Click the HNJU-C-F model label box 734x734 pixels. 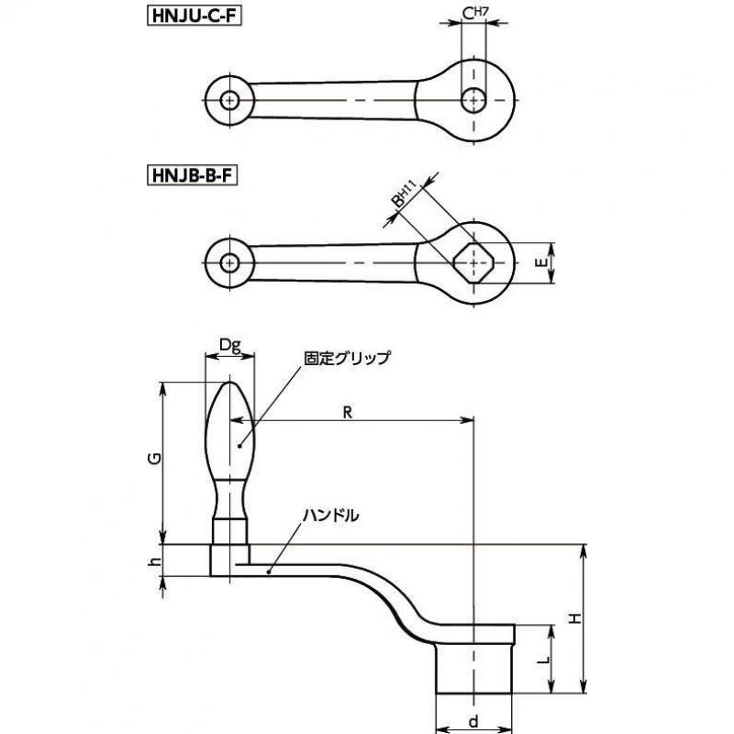(x=195, y=17)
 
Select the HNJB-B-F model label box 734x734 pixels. (x=193, y=176)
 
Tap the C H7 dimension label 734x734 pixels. (x=474, y=13)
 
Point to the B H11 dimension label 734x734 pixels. (x=403, y=195)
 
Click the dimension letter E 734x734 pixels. (x=540, y=263)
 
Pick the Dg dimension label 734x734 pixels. (x=230, y=346)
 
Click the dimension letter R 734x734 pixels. (x=348, y=412)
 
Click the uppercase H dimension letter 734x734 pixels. (x=575, y=618)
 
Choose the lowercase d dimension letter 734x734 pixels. (x=473, y=721)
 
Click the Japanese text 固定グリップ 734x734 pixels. (x=347, y=358)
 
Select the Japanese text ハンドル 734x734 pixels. (x=331, y=516)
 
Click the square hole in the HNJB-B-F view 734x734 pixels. (x=473, y=263)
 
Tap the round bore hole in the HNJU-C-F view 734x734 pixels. (x=473, y=100)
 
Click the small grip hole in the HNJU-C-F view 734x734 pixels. (x=229, y=100)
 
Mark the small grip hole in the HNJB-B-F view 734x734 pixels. (x=229, y=263)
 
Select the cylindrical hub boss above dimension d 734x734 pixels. (x=473, y=669)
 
